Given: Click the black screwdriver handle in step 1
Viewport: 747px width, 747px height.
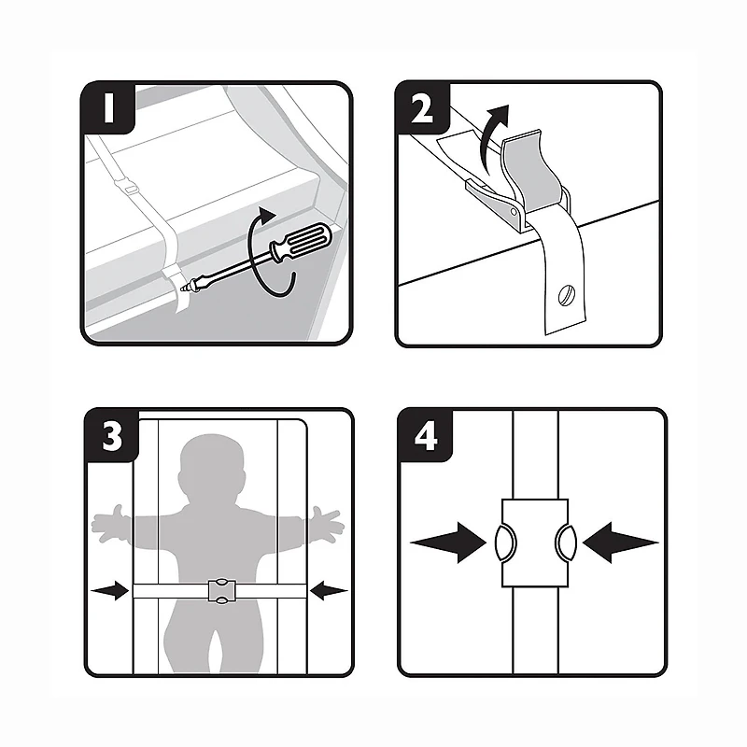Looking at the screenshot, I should [299, 245].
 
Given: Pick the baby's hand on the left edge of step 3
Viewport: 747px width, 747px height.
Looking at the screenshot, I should [105, 519].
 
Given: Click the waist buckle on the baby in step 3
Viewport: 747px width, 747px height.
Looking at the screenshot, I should [220, 591].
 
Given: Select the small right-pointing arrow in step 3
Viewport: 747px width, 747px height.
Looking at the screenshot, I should [110, 591].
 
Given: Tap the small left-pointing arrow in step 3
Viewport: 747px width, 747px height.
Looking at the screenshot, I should [329, 590].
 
